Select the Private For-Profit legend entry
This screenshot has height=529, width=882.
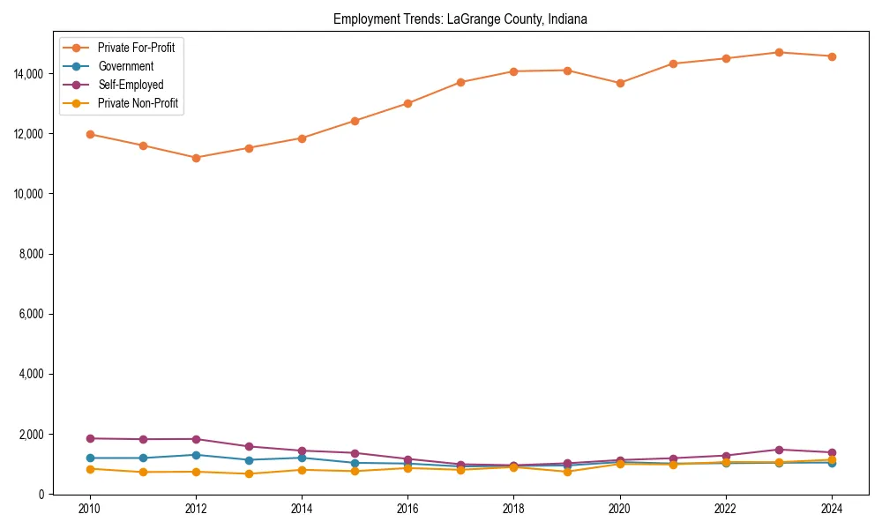pyautogui.click(x=136, y=48)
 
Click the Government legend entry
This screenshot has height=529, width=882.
pyautogui.click(x=125, y=66)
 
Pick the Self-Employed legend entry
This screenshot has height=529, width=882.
pyautogui.click(x=130, y=85)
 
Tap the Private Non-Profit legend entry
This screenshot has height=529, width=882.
pyautogui.click(x=138, y=103)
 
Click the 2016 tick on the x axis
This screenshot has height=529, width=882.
pyautogui.click(x=407, y=509)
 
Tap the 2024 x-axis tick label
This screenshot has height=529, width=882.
pyautogui.click(x=831, y=509)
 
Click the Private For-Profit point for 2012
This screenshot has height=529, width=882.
pyautogui.click(x=196, y=158)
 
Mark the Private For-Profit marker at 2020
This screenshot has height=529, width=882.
pyautogui.click(x=619, y=83)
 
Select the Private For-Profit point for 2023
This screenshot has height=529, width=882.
pyautogui.click(x=778, y=52)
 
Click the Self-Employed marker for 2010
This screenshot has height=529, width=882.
pyautogui.click(x=90, y=438)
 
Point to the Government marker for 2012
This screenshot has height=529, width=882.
pyautogui.click(x=196, y=455)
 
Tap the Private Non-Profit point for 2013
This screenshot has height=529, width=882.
pyautogui.click(x=249, y=473)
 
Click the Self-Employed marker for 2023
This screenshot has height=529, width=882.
pyautogui.click(x=778, y=450)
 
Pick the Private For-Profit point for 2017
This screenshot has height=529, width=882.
pyautogui.click(x=460, y=82)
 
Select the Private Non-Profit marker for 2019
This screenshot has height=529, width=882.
pyautogui.click(x=566, y=472)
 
